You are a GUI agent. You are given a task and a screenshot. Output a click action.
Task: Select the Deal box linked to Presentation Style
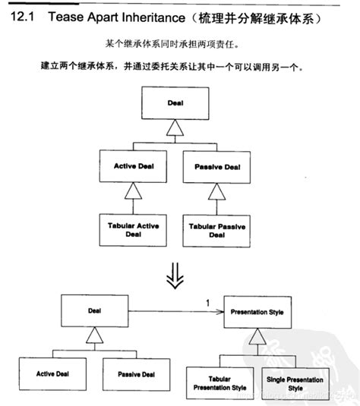click(x=94, y=311)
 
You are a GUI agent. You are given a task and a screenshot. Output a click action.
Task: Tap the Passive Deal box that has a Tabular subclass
click(x=216, y=166)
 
